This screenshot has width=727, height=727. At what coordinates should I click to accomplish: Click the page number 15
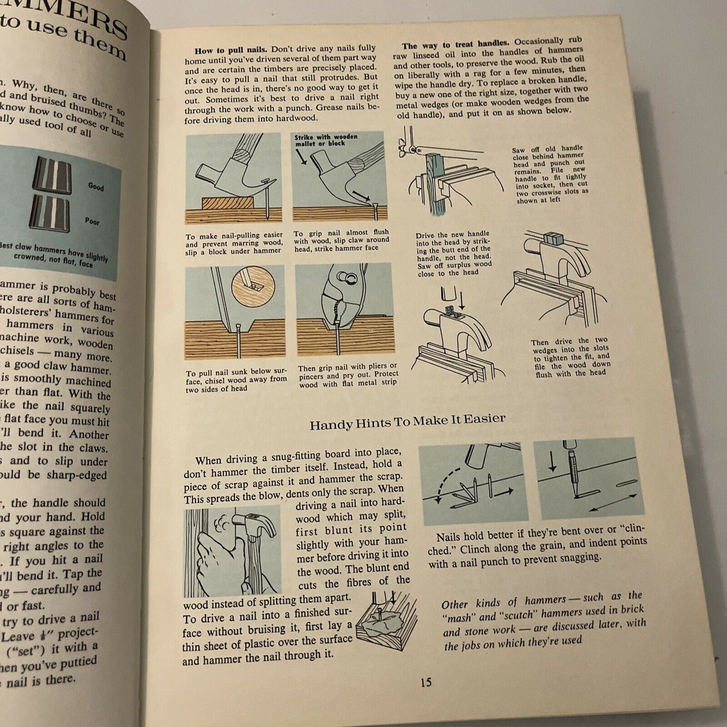pos(426,682)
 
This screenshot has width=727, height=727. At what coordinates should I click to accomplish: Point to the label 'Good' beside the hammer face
pos(96,187)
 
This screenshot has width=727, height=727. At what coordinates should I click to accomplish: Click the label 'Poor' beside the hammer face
pos(92,221)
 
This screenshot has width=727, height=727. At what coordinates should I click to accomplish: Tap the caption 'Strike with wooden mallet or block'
pos(326,140)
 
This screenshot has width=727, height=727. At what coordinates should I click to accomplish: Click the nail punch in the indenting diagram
pos(572,470)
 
